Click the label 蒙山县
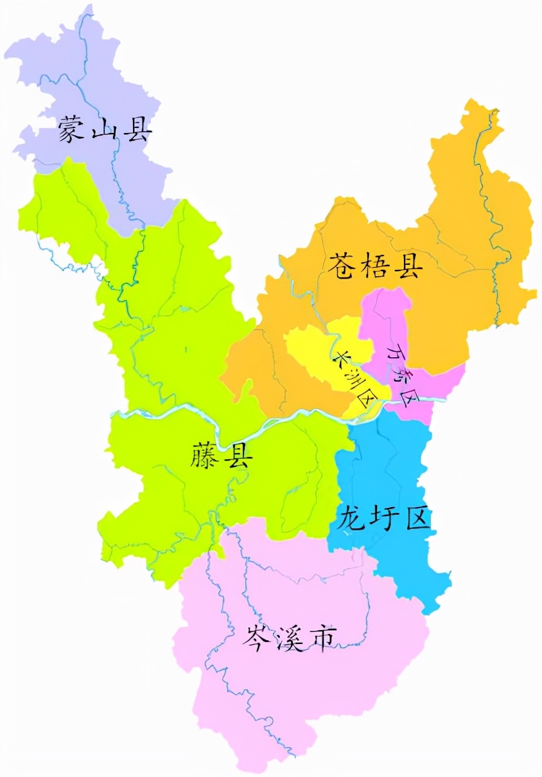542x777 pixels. [x=105, y=129]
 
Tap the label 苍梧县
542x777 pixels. [x=375, y=266]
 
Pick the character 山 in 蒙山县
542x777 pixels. [x=105, y=129]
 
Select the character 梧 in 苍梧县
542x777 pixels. [x=375, y=266]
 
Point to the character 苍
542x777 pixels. [x=343, y=266]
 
